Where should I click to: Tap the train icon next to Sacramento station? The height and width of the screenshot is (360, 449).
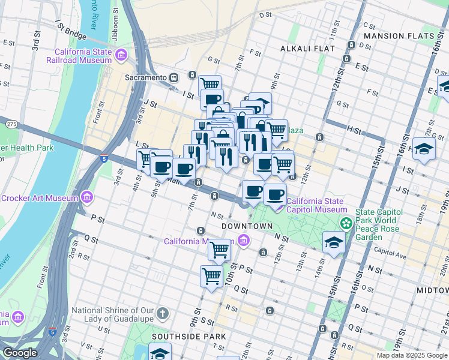tap(174, 77)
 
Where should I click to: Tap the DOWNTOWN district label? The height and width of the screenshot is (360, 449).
tap(247, 226)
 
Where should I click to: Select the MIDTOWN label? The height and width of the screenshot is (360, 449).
tap(432, 290)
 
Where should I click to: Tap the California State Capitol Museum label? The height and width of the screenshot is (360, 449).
tap(317, 205)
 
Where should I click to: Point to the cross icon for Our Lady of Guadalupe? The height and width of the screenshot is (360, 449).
tap(163, 313)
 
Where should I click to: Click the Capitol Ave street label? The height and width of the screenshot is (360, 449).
tap(386, 251)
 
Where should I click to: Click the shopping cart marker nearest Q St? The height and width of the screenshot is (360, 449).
tap(211, 277)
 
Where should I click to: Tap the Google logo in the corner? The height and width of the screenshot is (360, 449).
tap(19, 353)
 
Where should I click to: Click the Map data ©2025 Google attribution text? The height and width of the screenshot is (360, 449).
tap(412, 355)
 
